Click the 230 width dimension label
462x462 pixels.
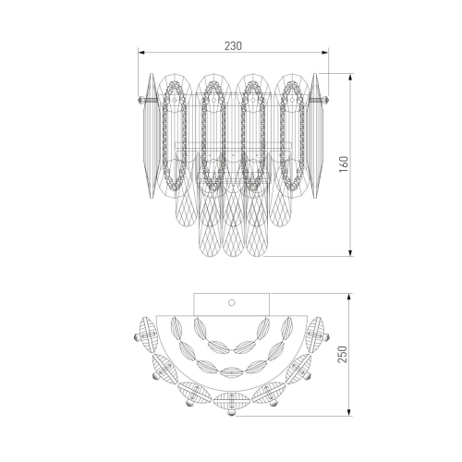coord(233,46)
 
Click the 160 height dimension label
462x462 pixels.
coord(344,164)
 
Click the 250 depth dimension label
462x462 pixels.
coord(343,354)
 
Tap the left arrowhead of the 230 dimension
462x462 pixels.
coord(141,53)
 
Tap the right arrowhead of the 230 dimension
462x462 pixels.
coord(325,53)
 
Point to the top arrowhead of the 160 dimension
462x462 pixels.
coord(350,77)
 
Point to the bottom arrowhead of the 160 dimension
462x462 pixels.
coord(350,252)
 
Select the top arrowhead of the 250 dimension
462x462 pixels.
coord(348,297)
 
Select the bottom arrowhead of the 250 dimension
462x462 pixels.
coord(348,413)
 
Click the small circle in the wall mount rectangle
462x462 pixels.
coord(232,303)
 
